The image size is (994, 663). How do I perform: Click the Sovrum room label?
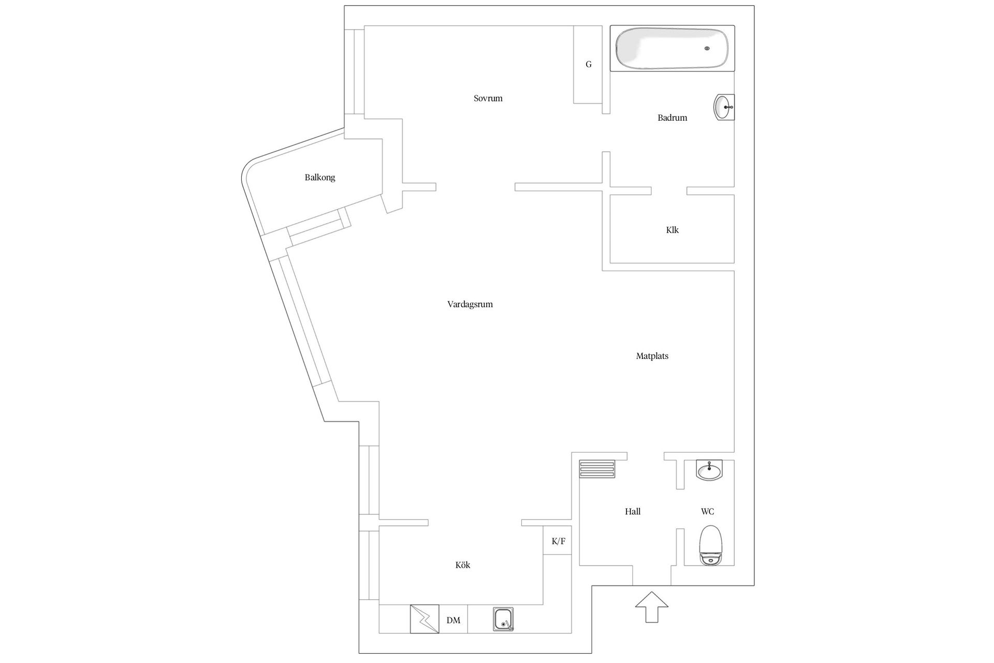pos(488,98)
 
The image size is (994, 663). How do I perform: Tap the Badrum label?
pos(672,118)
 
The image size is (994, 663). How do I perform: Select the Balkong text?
pos(319,178)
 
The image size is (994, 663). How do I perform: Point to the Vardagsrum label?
pos(470,305)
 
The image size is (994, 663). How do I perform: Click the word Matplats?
pos(652,356)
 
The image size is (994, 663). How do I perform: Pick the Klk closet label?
pos(672,230)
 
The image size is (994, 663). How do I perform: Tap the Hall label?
pos(633,512)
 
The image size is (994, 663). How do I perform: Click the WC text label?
pos(707,512)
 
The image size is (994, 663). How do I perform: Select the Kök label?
pos(463,565)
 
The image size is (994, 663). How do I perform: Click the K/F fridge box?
pos(558,541)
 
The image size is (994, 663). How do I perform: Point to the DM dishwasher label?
pos(453,621)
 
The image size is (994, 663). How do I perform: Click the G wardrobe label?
pos(588,65)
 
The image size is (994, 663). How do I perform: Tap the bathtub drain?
pos(707,49)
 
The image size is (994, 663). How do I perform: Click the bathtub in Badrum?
pos(672,48)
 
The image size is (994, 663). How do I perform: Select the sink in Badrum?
pos(724,107)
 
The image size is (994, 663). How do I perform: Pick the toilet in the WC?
pos(710,545)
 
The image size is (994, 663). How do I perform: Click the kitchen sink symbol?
pos(503,619)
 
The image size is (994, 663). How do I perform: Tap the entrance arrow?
pos(652,607)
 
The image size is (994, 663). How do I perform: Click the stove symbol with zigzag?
pos(425,619)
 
